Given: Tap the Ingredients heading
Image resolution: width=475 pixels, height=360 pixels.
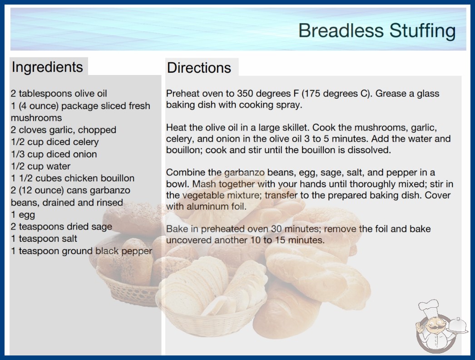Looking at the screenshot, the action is tap(47, 67).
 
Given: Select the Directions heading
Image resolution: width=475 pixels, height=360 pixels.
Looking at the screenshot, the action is tap(199, 68).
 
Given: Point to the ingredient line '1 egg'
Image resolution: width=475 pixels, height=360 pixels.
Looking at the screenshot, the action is tap(23, 215).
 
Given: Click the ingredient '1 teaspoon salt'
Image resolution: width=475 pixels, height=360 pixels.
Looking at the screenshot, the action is tap(44, 239).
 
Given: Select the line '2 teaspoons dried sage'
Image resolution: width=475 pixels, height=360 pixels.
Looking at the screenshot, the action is tap(61, 226).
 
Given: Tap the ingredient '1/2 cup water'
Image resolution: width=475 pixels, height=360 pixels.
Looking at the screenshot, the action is tap(40, 166).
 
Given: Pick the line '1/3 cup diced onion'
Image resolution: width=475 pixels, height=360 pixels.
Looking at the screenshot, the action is tap(54, 154).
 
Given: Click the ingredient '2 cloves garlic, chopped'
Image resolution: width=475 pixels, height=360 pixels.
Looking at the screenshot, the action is tap(64, 130).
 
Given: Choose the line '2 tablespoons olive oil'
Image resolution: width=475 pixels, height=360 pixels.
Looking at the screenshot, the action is tap(59, 94).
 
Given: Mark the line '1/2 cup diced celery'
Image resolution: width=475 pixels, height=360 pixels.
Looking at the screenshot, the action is tap(55, 142).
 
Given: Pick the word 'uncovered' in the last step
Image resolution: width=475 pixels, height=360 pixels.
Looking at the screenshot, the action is tap(189, 240).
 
